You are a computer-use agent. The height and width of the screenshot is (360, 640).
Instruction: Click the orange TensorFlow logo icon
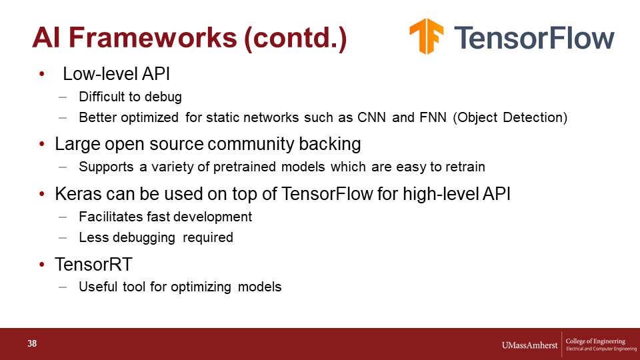click(427, 36)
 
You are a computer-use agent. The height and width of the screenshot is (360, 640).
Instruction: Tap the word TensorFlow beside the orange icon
click(534, 37)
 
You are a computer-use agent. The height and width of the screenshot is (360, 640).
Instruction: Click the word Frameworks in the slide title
click(153, 37)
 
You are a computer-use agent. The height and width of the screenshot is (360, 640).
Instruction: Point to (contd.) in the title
click(295, 39)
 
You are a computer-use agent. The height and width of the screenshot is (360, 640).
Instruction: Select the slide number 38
click(32, 344)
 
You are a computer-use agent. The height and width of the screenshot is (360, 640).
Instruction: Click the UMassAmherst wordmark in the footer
click(529, 345)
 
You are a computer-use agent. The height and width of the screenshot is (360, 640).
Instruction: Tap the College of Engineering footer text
click(595, 341)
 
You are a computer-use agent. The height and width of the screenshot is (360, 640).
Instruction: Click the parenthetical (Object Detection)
click(510, 117)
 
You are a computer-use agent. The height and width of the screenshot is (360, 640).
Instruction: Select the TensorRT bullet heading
click(93, 264)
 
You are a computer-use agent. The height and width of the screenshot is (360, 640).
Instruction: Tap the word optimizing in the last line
click(201, 287)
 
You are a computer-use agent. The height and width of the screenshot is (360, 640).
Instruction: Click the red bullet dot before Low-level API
click(41, 74)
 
